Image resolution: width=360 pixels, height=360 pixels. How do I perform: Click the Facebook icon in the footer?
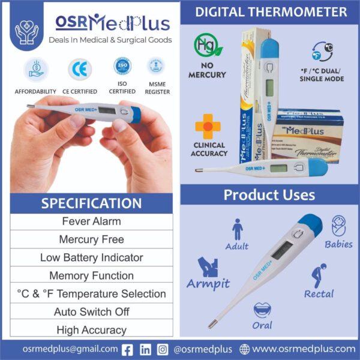click(128, 349)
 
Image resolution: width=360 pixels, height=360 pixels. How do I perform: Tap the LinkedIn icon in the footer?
click(145, 349)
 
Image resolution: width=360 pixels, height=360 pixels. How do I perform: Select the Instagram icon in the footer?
click(163, 349)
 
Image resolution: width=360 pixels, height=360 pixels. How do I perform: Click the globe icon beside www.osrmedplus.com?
click(244, 349)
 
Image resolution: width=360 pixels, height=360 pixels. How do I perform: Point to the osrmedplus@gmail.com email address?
click(70, 349)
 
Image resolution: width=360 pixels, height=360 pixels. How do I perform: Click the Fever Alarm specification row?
click(91, 221)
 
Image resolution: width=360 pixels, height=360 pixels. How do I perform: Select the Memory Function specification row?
click(91, 276)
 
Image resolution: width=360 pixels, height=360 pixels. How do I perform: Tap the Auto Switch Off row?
click(91, 312)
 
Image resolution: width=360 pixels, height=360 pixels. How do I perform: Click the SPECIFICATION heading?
click(91, 203)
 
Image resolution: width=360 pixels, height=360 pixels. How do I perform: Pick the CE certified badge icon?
click(79, 70)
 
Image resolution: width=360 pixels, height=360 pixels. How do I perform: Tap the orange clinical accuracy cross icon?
click(208, 127)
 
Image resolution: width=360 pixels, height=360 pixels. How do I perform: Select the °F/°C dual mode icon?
click(323, 52)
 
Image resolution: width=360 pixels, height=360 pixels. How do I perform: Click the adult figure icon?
click(238, 229)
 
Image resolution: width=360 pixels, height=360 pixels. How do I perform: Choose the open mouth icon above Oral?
click(262, 311)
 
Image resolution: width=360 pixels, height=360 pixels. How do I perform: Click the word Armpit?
click(208, 283)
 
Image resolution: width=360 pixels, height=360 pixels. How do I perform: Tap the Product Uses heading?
click(269, 196)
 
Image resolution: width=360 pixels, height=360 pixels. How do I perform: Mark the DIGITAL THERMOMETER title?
click(271, 12)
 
